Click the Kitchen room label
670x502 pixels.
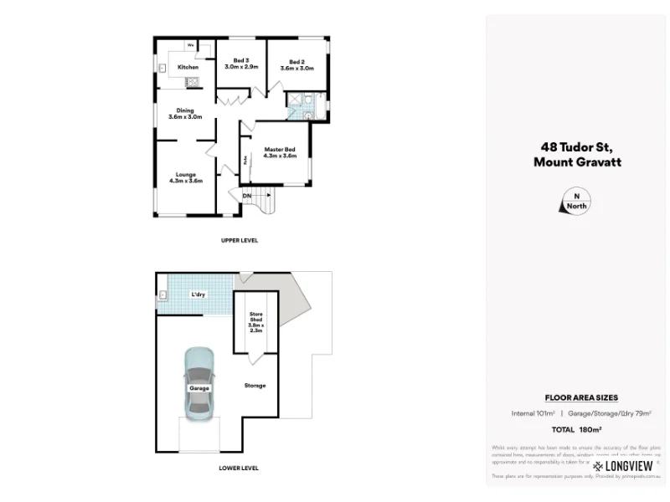[188, 67]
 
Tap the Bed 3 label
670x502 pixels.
[241, 64]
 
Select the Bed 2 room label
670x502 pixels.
[296, 64]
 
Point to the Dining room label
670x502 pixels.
[185, 114]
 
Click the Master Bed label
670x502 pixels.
[280, 152]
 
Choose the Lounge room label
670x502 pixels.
[186, 177]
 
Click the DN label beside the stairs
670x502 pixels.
[247, 196]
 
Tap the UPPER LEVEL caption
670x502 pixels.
[240, 240]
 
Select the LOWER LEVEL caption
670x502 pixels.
[239, 468]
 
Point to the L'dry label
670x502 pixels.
[198, 295]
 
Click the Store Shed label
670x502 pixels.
[255, 322]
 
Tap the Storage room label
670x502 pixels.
[255, 386]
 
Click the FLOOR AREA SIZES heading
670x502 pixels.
[576, 398]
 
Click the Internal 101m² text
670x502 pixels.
[533, 413]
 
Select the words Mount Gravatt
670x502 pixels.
[576, 163]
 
